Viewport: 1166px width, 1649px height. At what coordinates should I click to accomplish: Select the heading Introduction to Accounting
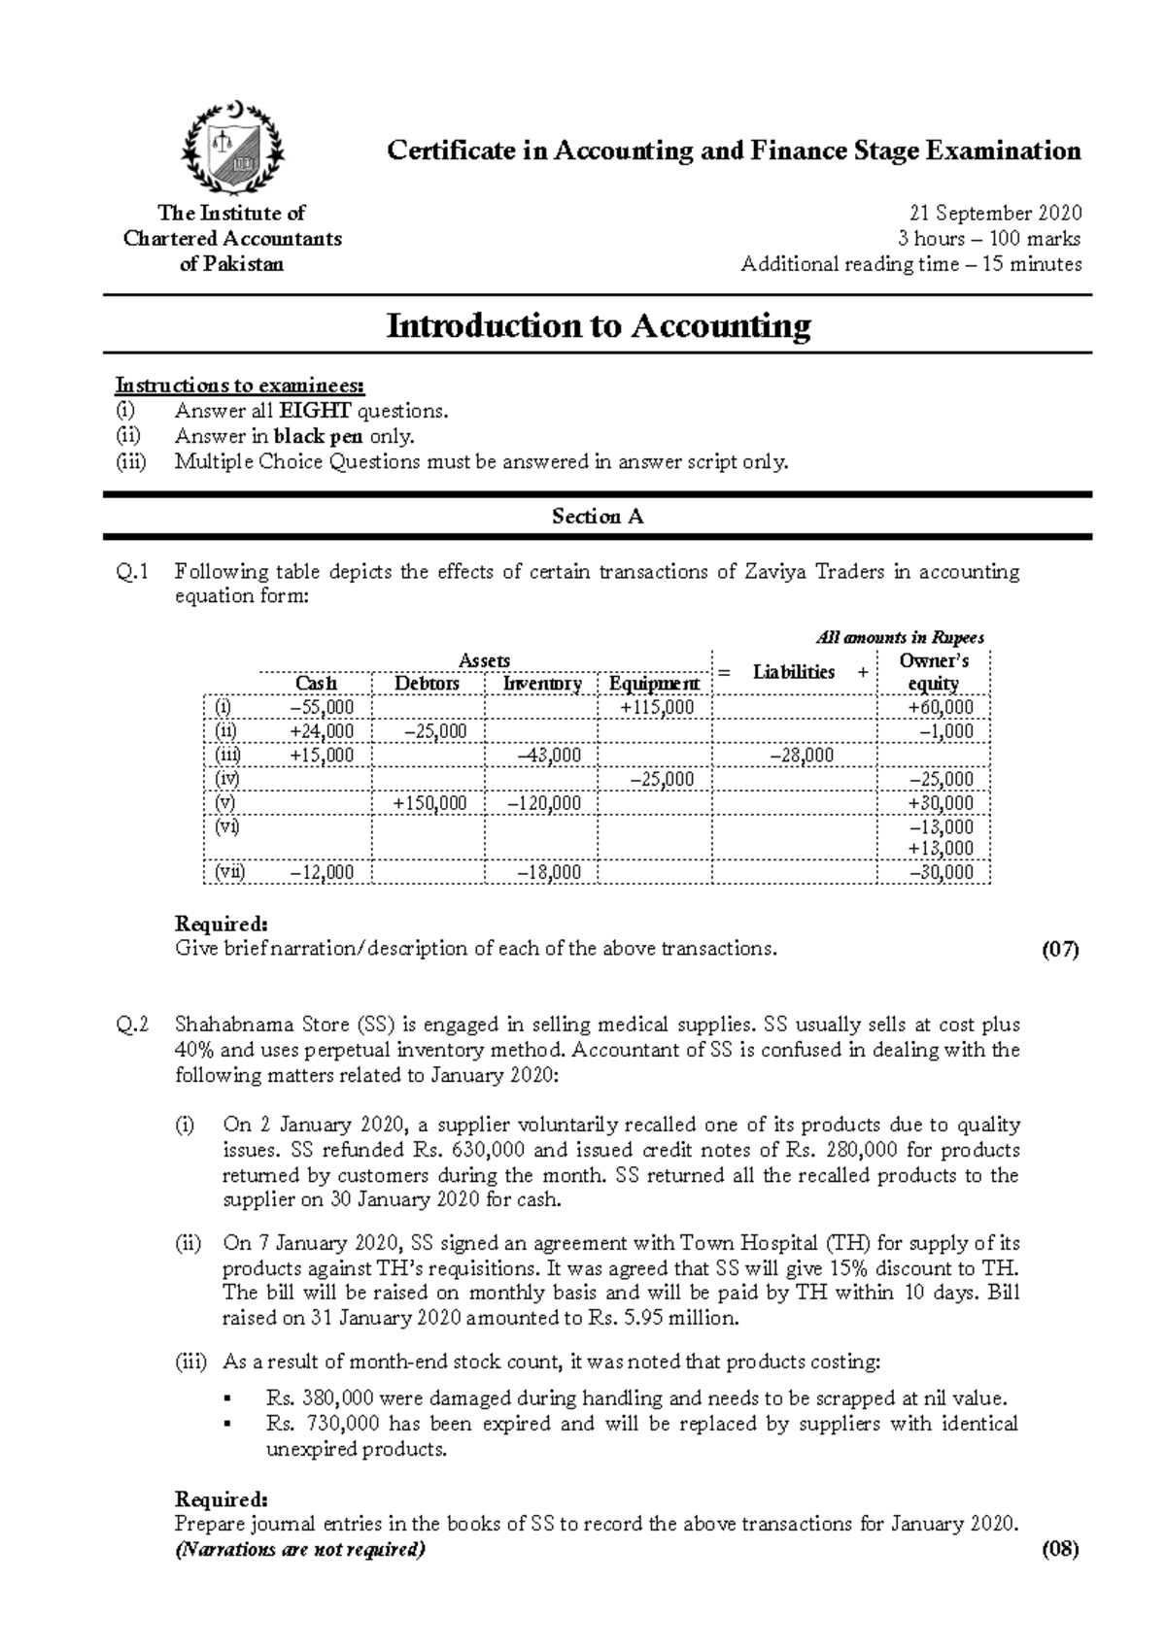[598, 325]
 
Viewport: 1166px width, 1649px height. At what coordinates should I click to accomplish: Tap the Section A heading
[598, 517]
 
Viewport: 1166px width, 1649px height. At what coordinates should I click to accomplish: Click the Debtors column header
[427, 684]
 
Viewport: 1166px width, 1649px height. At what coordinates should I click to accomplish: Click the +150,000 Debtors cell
[429, 803]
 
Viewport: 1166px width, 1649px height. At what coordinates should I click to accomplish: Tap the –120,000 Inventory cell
[544, 803]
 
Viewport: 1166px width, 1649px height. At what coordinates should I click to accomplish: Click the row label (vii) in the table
[230, 872]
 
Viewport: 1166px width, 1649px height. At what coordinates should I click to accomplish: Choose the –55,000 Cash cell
[323, 708]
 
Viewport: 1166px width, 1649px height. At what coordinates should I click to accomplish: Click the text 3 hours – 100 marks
[989, 239]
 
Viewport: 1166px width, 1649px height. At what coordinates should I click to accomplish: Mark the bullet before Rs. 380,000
[228, 1399]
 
